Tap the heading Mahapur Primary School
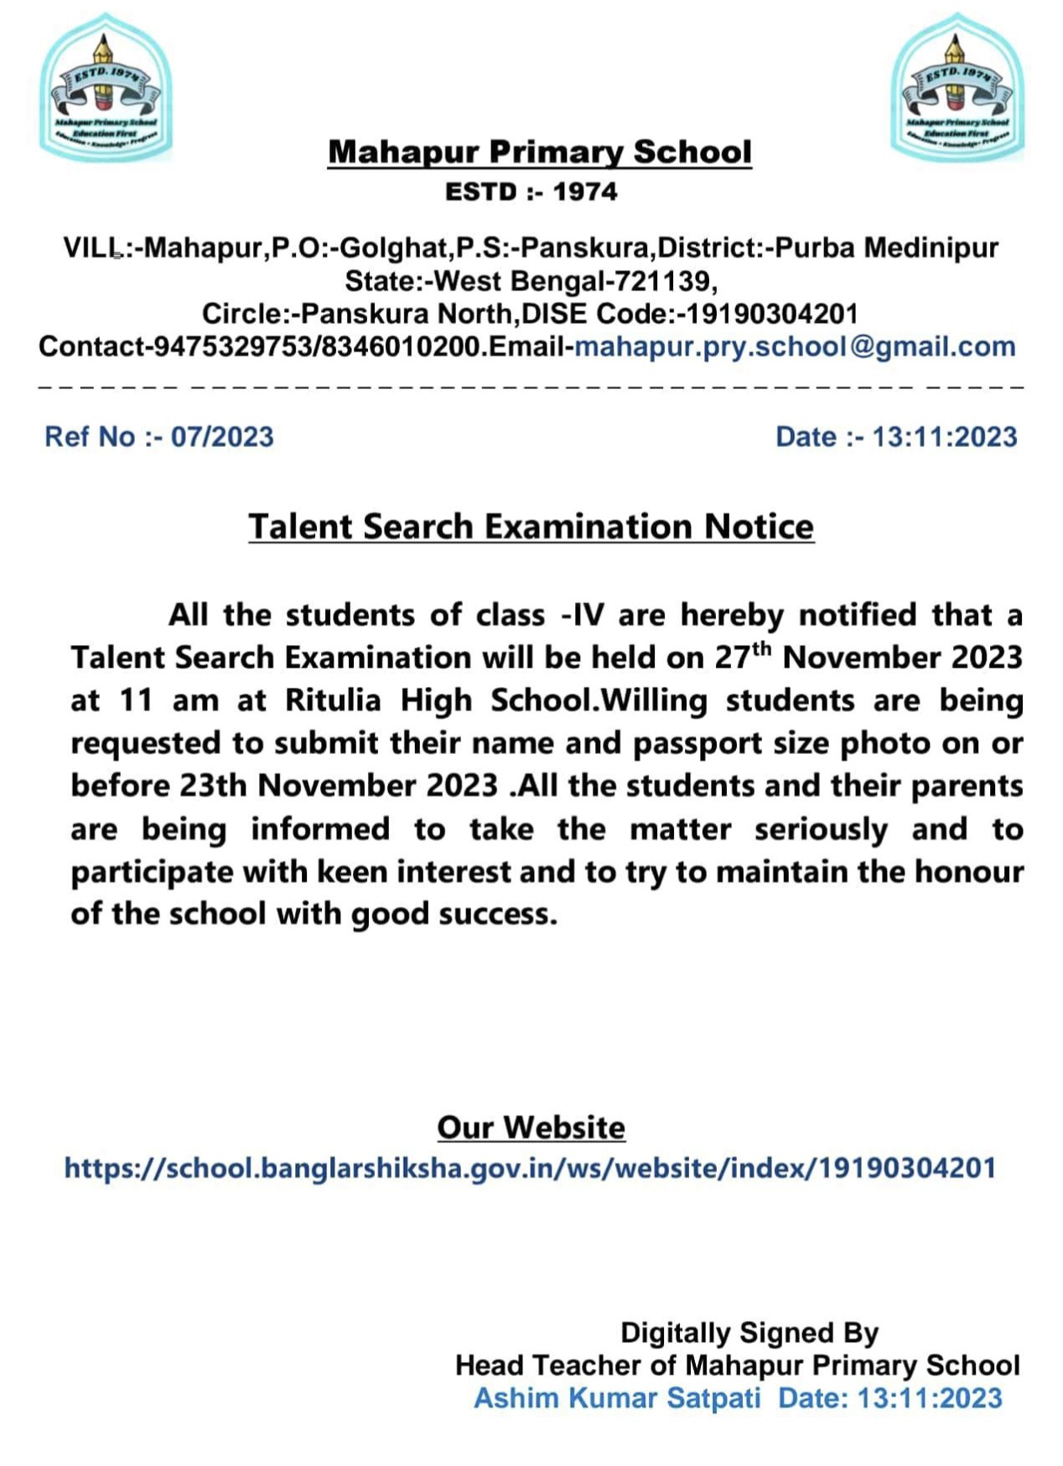539,153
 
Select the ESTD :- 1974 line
531,192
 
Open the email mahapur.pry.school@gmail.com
795,347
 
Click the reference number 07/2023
222,437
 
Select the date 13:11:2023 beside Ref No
944,437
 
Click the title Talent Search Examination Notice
531,527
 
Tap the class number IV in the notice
587,616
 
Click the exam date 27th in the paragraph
742,656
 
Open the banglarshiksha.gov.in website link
530,1168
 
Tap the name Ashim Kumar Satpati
617,1398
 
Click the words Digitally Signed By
749,1333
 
